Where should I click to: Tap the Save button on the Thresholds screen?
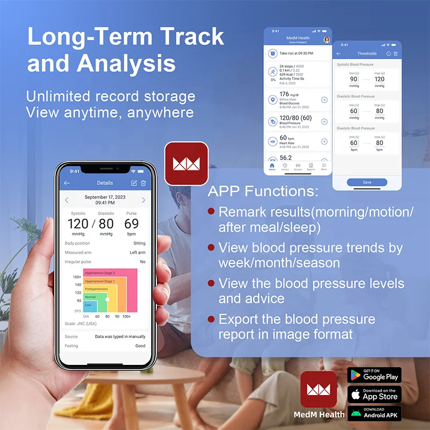pos(367,182)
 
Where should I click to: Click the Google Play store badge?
pos(374,375)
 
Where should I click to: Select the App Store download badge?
pos(374,395)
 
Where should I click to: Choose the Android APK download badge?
pos(374,413)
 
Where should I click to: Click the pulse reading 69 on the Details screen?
pos(131,223)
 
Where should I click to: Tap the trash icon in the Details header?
pos(144,183)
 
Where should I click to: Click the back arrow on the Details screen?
pos(67,183)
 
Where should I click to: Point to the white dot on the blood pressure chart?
pos(107,299)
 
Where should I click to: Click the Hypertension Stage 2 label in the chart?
pos(100,273)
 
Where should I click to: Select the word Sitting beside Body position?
pos(139,243)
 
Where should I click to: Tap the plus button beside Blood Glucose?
pos(324,99)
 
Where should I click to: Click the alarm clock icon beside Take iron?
pos(273,53)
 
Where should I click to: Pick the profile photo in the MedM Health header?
pos(326,39)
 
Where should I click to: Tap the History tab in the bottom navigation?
pos(284,167)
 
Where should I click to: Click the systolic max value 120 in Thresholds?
pos(379,79)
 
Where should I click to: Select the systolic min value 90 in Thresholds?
pos(354,79)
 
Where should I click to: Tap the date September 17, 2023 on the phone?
pos(105,197)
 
